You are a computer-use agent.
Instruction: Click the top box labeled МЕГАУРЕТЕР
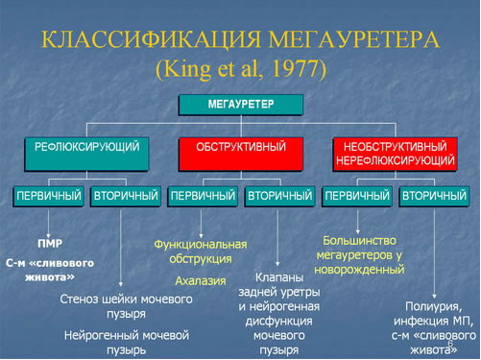[x=240, y=103]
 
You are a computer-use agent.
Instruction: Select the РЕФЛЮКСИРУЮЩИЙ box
[x=87, y=150]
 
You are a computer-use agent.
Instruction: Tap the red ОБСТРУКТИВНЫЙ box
[x=240, y=150]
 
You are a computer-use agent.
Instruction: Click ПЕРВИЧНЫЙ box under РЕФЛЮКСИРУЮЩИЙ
[x=49, y=197]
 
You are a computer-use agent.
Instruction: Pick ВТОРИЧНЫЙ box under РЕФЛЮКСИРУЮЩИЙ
[x=125, y=197]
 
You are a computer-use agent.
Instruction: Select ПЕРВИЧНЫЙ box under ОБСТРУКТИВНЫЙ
[x=202, y=197]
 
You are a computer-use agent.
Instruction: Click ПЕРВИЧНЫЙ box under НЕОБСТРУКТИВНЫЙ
[x=356, y=197]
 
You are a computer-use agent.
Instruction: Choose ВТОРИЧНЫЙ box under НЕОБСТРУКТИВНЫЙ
[x=433, y=197]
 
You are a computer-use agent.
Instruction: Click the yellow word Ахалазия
[x=200, y=281]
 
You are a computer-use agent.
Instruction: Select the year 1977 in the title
[x=299, y=70]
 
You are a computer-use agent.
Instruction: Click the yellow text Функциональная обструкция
[x=200, y=252]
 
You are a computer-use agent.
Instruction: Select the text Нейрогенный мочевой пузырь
[x=126, y=343]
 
